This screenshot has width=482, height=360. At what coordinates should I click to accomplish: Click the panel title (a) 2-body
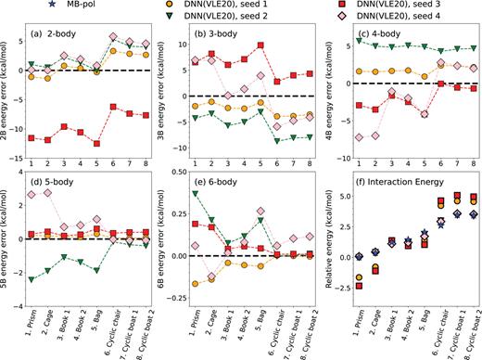(x=66, y=43)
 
